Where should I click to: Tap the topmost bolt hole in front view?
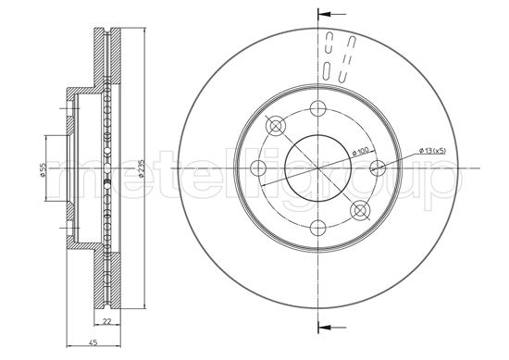pyautogui.click(x=317, y=106)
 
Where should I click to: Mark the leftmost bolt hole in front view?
pyautogui.click(x=258, y=168)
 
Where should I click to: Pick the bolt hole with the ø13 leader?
pyautogui.click(x=378, y=168)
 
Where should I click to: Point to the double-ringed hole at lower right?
pyautogui.click(x=360, y=210)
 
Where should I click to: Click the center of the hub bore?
pyautogui.click(x=317, y=168)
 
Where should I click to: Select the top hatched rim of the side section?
pyautogui.click(x=108, y=56)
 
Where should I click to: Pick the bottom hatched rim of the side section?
pyautogui.click(x=108, y=282)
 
